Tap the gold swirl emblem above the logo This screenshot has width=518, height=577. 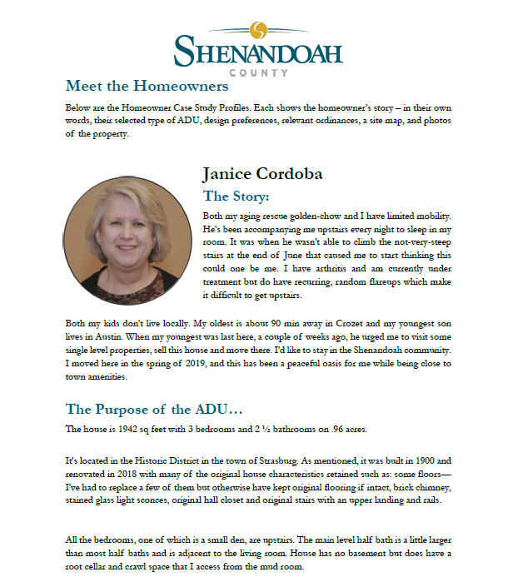pyautogui.click(x=259, y=31)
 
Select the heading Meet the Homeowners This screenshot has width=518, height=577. pyautogui.click(x=147, y=87)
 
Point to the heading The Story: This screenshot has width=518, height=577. pyautogui.click(x=237, y=197)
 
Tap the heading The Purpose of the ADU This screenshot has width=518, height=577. pyautogui.click(x=154, y=410)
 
